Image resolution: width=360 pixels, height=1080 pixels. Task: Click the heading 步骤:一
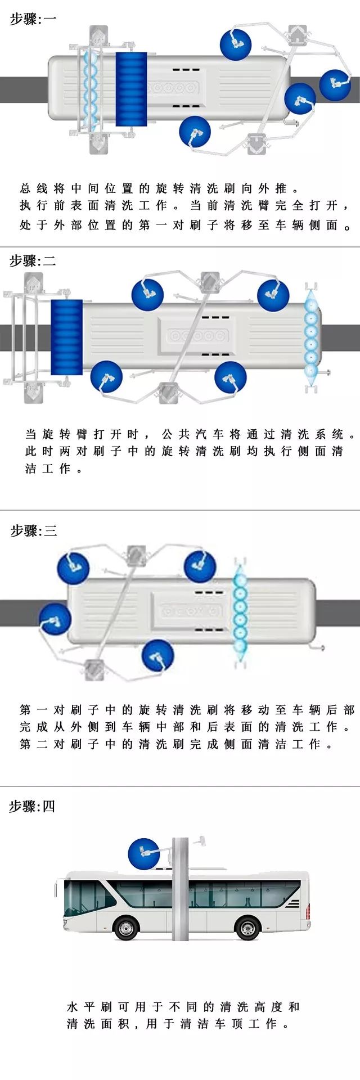[33, 19]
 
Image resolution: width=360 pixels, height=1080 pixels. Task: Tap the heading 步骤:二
[33, 261]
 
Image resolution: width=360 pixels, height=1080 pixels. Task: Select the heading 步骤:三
[33, 530]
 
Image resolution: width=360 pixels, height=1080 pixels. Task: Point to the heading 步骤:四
[32, 806]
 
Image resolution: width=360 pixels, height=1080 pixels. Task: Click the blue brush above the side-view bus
[144, 854]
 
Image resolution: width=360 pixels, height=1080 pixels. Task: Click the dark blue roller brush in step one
[131, 89]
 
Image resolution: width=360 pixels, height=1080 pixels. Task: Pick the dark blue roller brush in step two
[66, 337]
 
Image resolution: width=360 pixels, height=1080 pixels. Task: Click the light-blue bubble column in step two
[311, 336]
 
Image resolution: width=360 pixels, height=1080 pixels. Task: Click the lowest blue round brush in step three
[157, 655]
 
